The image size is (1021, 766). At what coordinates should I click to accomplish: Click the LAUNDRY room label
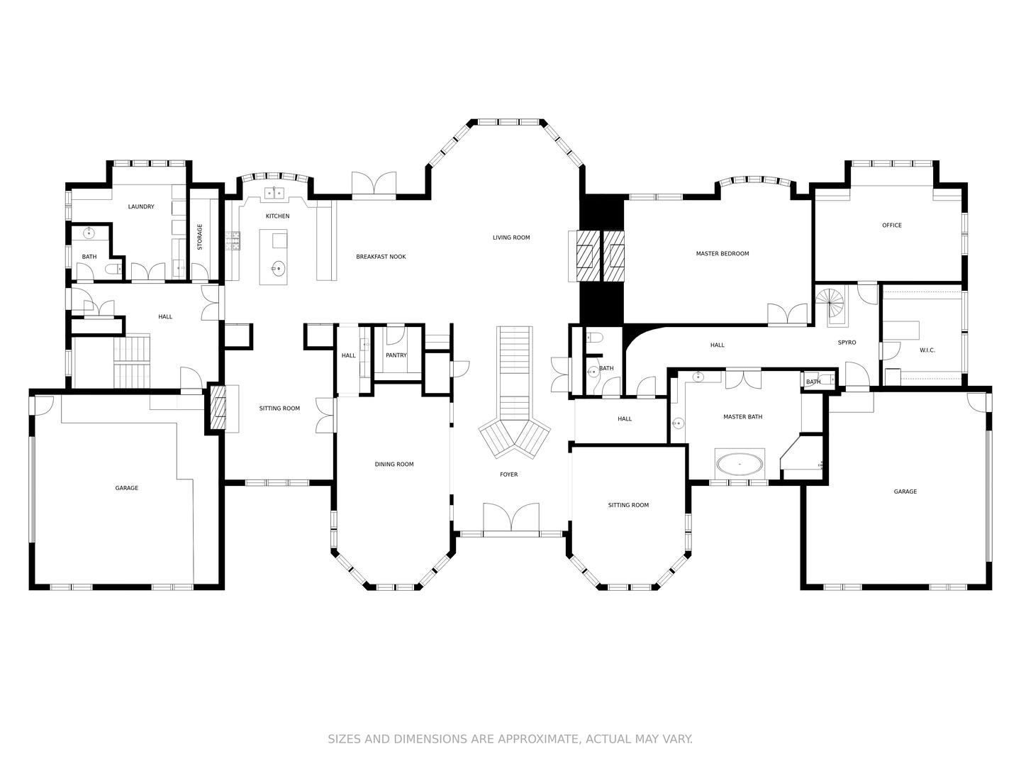(x=141, y=206)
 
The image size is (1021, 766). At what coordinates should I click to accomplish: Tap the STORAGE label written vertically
(x=200, y=237)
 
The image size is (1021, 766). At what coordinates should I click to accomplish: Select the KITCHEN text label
(x=278, y=216)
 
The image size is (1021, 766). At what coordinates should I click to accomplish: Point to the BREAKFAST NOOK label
(x=381, y=256)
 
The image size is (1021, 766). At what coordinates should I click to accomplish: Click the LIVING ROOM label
(x=511, y=237)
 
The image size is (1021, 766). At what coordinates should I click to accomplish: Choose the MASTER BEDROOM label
(x=722, y=253)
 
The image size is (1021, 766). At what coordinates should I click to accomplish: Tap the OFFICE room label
(x=892, y=225)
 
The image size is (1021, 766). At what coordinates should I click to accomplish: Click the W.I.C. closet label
(x=927, y=350)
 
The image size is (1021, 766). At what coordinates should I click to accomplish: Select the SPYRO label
(x=847, y=343)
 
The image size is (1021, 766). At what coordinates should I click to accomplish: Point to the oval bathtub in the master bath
(x=740, y=464)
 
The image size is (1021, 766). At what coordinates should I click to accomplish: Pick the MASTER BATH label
(x=743, y=417)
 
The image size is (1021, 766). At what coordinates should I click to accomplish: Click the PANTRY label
(x=396, y=355)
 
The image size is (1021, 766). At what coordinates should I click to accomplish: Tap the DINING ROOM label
(x=394, y=464)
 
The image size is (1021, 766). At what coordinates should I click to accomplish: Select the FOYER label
(x=509, y=474)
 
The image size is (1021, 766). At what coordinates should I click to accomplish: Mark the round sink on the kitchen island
(x=278, y=268)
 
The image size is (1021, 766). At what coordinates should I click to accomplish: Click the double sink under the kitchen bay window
(x=274, y=192)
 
